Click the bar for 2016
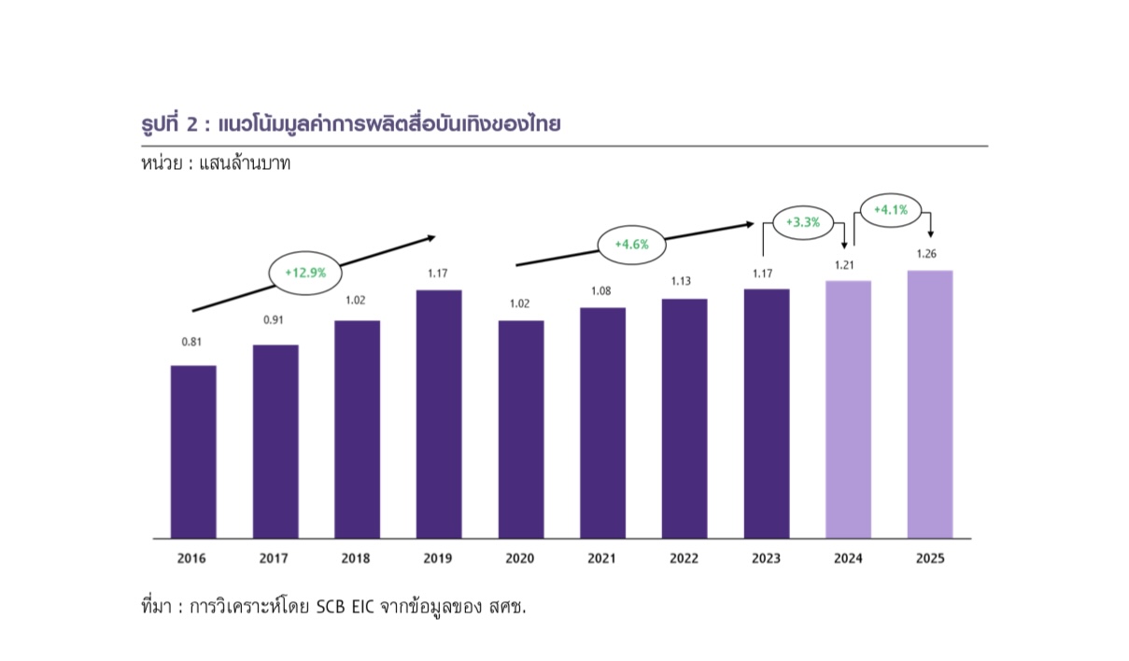[193, 452]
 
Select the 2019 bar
[439, 415]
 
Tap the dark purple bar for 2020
[520, 429]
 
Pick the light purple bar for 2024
[849, 410]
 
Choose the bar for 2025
[930, 404]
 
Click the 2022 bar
[684, 419]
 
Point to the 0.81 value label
[191, 342]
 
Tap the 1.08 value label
[603, 291]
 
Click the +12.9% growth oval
[304, 273]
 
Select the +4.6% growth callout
[631, 245]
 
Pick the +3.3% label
[802, 222]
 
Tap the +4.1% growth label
[890, 210]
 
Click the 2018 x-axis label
[356, 558]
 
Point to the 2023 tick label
[767, 558]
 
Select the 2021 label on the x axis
[602, 558]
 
